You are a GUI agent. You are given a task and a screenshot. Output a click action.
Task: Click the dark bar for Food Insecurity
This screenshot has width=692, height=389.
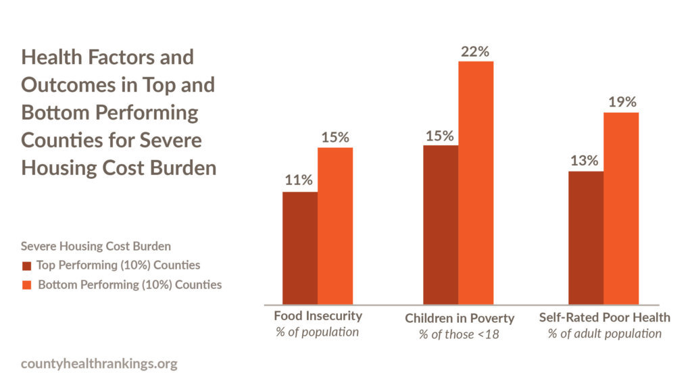click(300, 248)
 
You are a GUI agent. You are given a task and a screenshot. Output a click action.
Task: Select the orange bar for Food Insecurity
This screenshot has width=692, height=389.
click(335, 226)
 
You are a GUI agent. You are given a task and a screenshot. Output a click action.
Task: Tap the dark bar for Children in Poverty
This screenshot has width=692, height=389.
click(441, 224)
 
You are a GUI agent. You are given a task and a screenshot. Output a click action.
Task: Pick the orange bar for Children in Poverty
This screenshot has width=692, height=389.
click(476, 182)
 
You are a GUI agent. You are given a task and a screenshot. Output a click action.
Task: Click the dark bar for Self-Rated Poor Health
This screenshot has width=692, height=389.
click(586, 238)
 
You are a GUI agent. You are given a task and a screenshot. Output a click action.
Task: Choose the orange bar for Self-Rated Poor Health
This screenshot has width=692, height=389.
click(621, 208)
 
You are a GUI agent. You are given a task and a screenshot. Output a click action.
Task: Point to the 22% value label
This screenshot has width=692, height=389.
click(475, 51)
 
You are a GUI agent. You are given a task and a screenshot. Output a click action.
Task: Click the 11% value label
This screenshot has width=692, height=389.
click(298, 180)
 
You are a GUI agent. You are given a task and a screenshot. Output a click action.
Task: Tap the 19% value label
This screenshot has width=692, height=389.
click(621, 102)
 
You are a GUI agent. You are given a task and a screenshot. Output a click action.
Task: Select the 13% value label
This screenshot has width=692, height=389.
click(585, 161)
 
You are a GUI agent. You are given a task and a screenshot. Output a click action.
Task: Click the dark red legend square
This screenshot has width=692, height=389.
click(26, 265)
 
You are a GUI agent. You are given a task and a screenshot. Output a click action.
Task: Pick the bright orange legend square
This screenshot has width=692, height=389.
click(26, 285)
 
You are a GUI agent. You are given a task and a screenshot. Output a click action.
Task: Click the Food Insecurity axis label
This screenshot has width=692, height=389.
click(318, 316)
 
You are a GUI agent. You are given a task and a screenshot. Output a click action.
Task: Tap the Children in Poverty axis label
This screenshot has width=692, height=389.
click(460, 318)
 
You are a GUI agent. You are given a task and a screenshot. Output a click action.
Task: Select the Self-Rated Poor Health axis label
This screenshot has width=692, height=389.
click(604, 317)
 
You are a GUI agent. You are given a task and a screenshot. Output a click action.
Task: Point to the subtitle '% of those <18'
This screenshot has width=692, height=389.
click(460, 334)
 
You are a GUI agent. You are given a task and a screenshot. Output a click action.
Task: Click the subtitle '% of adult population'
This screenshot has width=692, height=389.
click(604, 333)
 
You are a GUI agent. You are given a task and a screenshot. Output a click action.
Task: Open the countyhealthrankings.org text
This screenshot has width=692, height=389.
click(99, 364)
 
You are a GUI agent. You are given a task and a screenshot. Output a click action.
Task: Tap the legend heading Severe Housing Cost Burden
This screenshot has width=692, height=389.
click(96, 246)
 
